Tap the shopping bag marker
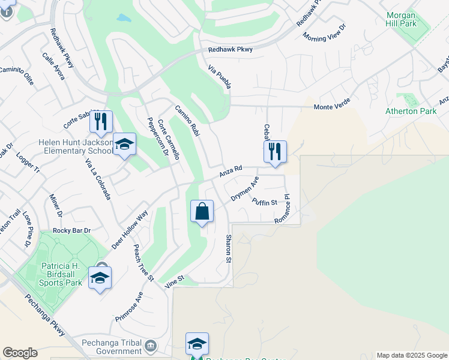[202, 212]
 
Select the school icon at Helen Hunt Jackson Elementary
[124, 145]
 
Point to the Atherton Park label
[410, 111]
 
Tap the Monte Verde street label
[332, 107]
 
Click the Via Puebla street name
[219, 77]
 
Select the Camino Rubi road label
[187, 120]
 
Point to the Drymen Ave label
[245, 189]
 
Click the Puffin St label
[264, 202]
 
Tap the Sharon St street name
[228, 248]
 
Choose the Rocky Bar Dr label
[71, 230]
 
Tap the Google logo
[20, 353]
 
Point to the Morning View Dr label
[325, 32]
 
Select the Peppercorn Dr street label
[157, 137]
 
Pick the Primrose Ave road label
[130, 307]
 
